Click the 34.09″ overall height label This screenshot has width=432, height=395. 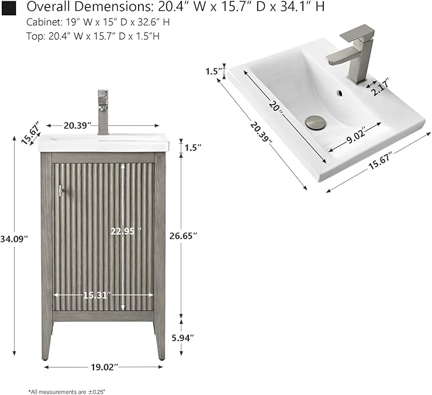[14, 239]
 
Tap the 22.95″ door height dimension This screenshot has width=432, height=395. [126, 231]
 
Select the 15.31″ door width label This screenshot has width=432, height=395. [97, 295]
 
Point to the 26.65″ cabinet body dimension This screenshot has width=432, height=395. [183, 236]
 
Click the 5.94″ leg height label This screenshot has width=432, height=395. [183, 338]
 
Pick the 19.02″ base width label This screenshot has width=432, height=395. [104, 367]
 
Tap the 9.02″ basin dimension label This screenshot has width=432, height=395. [356, 135]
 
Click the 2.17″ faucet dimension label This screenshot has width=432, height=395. [380, 87]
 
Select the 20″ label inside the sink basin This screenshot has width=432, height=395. [275, 107]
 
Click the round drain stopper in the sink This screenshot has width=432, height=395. [316, 122]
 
